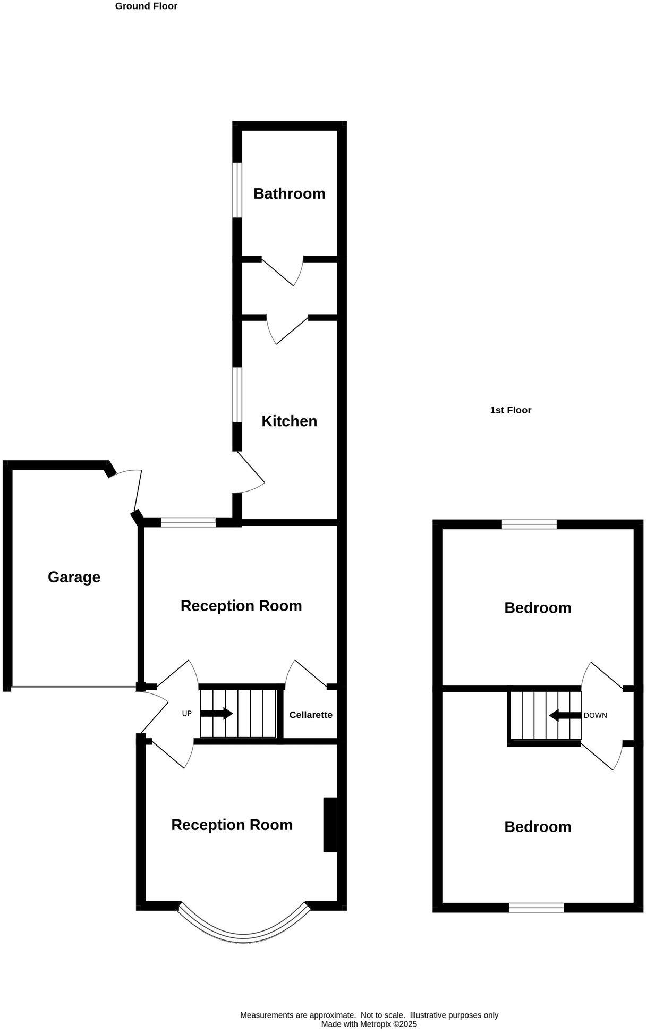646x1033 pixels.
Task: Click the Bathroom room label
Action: click(289, 193)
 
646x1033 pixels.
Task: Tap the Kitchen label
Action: click(289, 421)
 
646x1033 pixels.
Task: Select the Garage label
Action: click(74, 577)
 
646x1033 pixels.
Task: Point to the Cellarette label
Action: click(311, 715)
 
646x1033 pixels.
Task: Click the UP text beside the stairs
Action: click(186, 714)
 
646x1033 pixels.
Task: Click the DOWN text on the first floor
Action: click(595, 715)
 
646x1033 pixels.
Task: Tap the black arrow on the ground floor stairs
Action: click(217, 713)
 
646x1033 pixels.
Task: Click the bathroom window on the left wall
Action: click(237, 190)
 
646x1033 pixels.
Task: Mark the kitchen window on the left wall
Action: click(237, 395)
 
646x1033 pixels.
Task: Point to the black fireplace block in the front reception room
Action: click(330, 825)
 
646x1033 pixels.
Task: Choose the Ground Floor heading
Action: click(146, 6)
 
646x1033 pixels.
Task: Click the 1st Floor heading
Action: click(511, 410)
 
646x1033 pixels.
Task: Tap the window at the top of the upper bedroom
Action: click(529, 524)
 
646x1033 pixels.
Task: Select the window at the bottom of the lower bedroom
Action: click(537, 908)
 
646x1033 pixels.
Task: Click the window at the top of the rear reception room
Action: click(189, 523)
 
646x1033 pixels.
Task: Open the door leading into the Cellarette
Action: click(305, 674)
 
